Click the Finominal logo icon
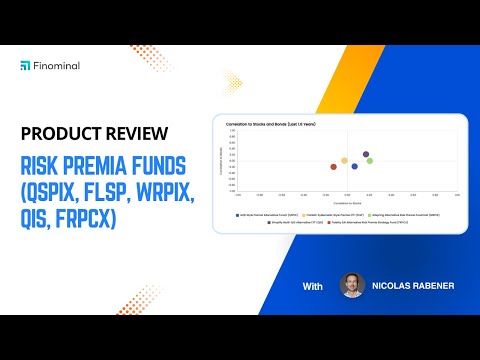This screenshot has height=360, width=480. click(x=25, y=65)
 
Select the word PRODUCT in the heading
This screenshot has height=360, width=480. click(x=62, y=134)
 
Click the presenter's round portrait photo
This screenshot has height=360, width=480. click(x=353, y=286)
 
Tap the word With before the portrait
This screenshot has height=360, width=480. click(x=314, y=287)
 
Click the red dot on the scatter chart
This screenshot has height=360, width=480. click(x=334, y=167)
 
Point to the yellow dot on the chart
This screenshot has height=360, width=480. click(x=345, y=160)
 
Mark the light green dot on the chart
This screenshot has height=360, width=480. click(x=369, y=160)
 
